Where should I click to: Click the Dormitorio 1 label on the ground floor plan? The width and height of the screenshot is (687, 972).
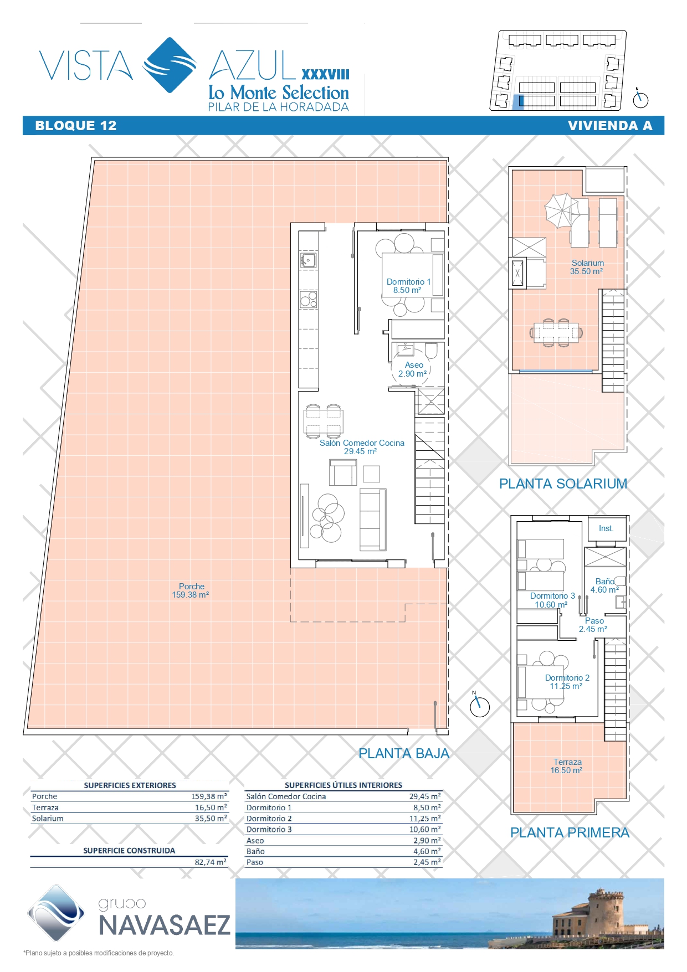pos(408,286)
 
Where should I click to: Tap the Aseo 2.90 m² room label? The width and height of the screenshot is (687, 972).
pos(413,369)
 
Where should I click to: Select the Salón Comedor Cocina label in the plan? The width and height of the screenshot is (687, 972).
pos(362,447)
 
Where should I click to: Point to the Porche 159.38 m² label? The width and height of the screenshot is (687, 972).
pos(191,590)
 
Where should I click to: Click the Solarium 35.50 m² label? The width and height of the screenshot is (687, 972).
pos(587,267)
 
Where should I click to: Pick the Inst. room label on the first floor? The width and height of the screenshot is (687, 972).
pos(606,528)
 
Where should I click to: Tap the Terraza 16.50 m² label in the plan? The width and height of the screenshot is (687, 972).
pos(567,766)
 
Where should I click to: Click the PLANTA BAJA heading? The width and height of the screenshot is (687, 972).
pos(404,753)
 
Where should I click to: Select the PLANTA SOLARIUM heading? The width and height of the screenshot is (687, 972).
pos(563,484)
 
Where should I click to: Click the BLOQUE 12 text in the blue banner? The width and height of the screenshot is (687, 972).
pos(76,126)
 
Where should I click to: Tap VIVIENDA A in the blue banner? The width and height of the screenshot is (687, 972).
pos(610,126)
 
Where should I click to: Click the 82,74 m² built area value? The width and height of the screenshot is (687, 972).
pos(211,862)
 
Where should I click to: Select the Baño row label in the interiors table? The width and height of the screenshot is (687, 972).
pos(255,851)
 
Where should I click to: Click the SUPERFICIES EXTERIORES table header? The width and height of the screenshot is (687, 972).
pos(130,785)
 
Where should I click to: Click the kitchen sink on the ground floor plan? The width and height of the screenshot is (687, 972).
pos(309,260)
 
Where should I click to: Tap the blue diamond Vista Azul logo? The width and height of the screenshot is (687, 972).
pos(170,65)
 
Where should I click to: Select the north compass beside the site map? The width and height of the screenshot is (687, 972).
pos(640,100)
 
